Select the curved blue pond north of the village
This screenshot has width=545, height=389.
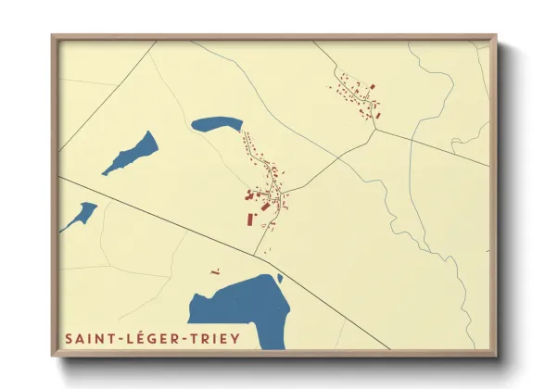[217, 123]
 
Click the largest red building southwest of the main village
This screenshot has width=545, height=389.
[249, 220]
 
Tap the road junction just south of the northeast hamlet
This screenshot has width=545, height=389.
[375, 129]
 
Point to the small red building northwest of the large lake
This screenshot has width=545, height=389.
[215, 272]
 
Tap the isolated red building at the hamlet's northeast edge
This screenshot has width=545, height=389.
[373, 86]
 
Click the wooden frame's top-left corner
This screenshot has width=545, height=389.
[54, 38]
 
